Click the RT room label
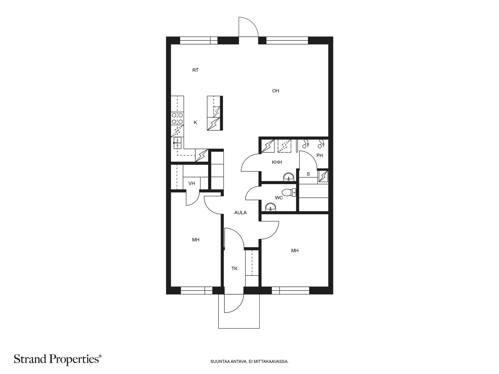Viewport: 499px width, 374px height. click(x=195, y=70)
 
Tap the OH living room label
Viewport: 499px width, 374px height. click(x=275, y=91)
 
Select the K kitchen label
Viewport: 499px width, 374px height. click(x=195, y=122)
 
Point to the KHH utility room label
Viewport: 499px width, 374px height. click(x=277, y=162)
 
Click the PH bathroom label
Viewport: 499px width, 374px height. click(x=320, y=156)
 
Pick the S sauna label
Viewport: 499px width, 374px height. click(x=308, y=174)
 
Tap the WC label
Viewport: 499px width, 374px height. click(x=279, y=198)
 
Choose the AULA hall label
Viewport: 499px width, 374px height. click(x=240, y=213)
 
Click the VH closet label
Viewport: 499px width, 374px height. click(x=191, y=184)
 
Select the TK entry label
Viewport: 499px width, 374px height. click(x=235, y=269)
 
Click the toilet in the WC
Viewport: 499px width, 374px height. click(x=289, y=193)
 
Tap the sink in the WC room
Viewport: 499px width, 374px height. click(x=270, y=207)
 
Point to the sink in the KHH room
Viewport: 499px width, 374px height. click(x=289, y=177)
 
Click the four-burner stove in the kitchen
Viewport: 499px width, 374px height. click(x=177, y=118)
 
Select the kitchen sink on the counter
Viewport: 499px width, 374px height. click(x=177, y=143)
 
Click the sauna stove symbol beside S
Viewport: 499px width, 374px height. click(x=323, y=176)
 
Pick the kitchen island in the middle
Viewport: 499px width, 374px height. click(x=215, y=113)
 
